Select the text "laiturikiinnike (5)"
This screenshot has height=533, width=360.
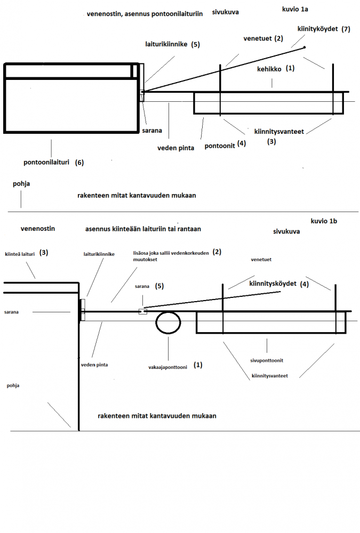172,45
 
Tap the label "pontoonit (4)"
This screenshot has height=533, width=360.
225,144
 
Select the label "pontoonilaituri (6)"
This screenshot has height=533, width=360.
53,162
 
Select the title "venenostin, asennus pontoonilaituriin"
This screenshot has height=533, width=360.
145,14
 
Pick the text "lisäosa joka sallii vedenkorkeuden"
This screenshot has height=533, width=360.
171,253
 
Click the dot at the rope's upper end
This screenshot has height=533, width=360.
305,47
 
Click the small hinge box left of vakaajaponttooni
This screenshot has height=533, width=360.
142,311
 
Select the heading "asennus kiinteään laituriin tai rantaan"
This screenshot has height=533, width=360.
143,229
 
